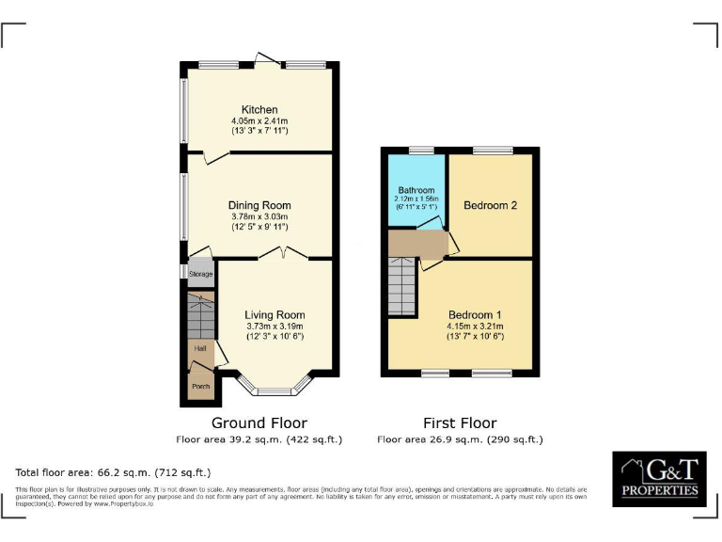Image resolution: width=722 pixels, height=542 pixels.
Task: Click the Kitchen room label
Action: pyautogui.click(x=259, y=110)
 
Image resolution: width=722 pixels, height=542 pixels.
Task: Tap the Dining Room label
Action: pyautogui.click(x=259, y=205)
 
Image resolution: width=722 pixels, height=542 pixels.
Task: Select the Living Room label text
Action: pyautogui.click(x=275, y=315)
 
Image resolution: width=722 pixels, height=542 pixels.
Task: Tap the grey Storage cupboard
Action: pyautogui.click(x=200, y=274)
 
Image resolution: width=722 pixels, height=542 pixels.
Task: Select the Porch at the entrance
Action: pyautogui.click(x=200, y=386)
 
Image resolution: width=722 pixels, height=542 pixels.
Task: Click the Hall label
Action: pyautogui.click(x=200, y=348)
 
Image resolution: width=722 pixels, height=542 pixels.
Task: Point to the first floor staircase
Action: pyautogui.click(x=402, y=288)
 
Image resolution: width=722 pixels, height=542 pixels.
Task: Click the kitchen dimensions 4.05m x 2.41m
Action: pyautogui.click(x=259, y=120)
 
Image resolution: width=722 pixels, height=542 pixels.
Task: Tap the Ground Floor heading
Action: pyautogui.click(x=259, y=422)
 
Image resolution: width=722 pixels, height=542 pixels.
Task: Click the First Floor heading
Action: pyautogui.click(x=460, y=422)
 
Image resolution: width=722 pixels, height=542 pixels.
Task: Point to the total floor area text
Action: pyautogui.click(x=114, y=472)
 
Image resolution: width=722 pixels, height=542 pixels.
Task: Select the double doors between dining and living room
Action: pyautogui.click(x=284, y=253)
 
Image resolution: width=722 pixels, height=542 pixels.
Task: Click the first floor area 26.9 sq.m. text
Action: pyautogui.click(x=460, y=439)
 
